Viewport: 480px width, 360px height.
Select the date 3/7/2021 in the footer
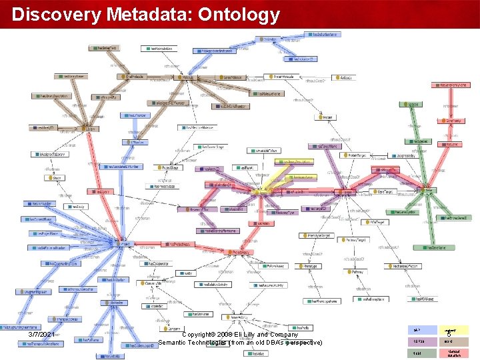42,333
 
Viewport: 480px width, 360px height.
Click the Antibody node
345,78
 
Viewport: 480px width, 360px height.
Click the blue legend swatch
418,330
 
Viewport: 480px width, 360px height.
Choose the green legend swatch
418,353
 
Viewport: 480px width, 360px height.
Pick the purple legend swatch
418,341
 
